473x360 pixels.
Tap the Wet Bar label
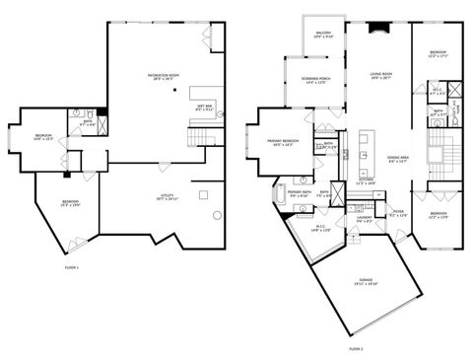(x=205, y=108)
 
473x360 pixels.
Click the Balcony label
(x=322, y=36)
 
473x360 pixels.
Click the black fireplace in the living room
(x=372, y=29)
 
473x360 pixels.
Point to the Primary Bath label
(x=301, y=193)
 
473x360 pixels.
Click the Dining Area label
(x=398, y=159)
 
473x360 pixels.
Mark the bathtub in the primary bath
(x=282, y=195)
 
